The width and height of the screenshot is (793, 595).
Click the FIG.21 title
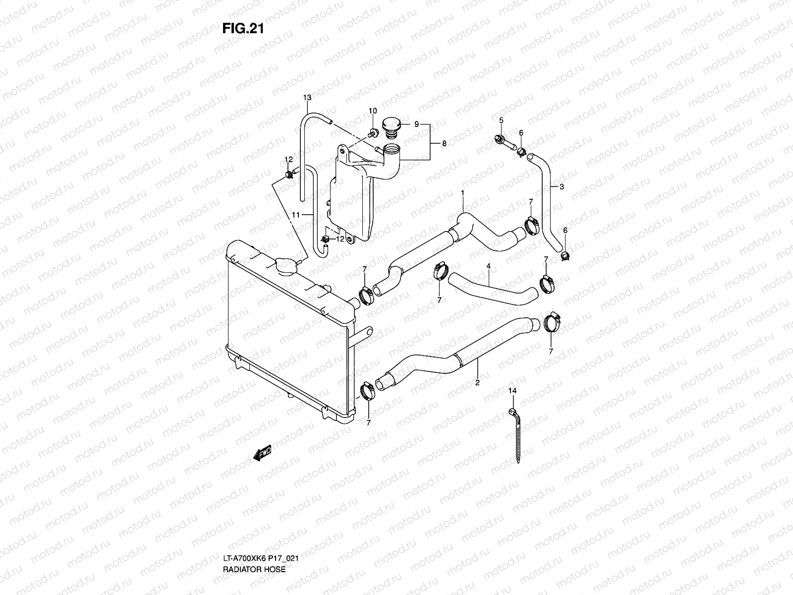pos(242,29)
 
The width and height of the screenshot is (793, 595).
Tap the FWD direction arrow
pos(262,453)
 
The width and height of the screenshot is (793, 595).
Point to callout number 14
pos(512,391)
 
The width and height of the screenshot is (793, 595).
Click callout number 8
pos(444,143)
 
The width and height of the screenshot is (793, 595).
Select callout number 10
pos(373,111)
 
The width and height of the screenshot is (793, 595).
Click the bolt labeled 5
pos(501,140)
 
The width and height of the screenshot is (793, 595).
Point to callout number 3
pos(562,187)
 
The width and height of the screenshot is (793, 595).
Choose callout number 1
pos(462,192)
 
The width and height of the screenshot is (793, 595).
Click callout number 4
pos(488,266)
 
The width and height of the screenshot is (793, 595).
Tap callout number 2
pos(477,383)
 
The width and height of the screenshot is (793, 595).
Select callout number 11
pos(296,215)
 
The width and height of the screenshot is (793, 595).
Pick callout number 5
pos(501,120)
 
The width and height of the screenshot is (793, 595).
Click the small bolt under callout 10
pos(373,132)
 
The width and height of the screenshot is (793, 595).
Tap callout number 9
pos(416,123)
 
